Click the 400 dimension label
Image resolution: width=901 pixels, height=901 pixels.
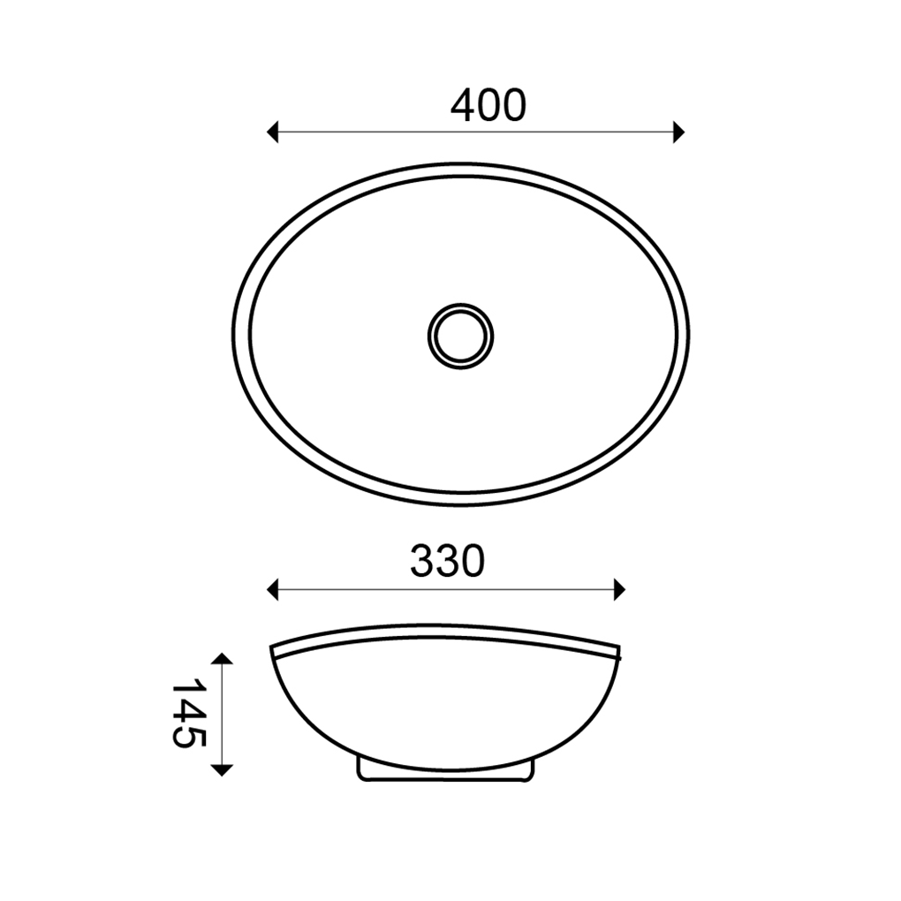click(x=488, y=106)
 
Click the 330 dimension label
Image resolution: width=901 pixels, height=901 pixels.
click(x=448, y=561)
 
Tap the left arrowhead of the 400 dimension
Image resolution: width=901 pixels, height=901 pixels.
click(x=272, y=132)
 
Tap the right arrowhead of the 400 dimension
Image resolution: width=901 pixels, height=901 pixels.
click(x=678, y=132)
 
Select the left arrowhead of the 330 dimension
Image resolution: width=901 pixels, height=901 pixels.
click(x=272, y=589)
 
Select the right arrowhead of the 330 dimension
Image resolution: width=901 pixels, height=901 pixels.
click(x=619, y=589)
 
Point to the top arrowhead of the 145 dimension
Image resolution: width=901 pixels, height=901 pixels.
click(x=222, y=658)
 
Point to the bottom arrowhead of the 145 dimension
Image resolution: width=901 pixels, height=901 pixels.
click(x=222, y=770)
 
